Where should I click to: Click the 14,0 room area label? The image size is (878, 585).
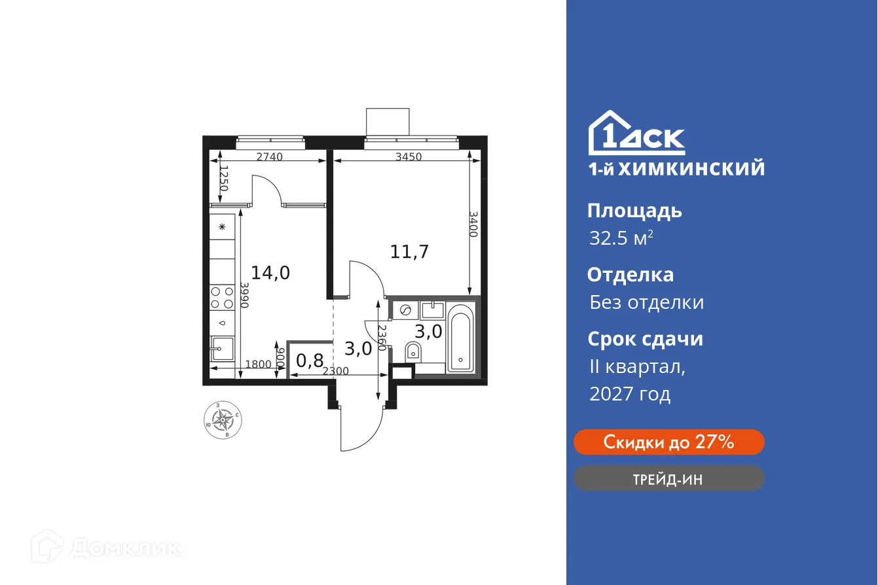tap(270, 272)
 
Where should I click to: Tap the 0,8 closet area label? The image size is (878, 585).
tap(310, 361)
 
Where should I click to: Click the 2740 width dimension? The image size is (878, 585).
tap(269, 156)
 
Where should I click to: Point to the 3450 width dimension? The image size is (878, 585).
tap(408, 156)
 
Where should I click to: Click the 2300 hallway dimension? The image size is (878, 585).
tap(335, 371)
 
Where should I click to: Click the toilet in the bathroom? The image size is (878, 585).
tap(414, 351)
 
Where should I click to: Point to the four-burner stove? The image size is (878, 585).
tap(223, 298)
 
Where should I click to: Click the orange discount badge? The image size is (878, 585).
tap(668, 442)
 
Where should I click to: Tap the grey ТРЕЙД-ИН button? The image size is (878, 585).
tap(668, 479)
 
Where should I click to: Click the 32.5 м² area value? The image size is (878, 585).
tap(621, 238)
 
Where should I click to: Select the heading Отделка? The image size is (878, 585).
tap(630, 275)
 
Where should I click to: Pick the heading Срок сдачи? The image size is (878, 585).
tap(645, 339)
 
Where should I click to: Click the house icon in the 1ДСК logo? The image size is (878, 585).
tap(605, 133)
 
